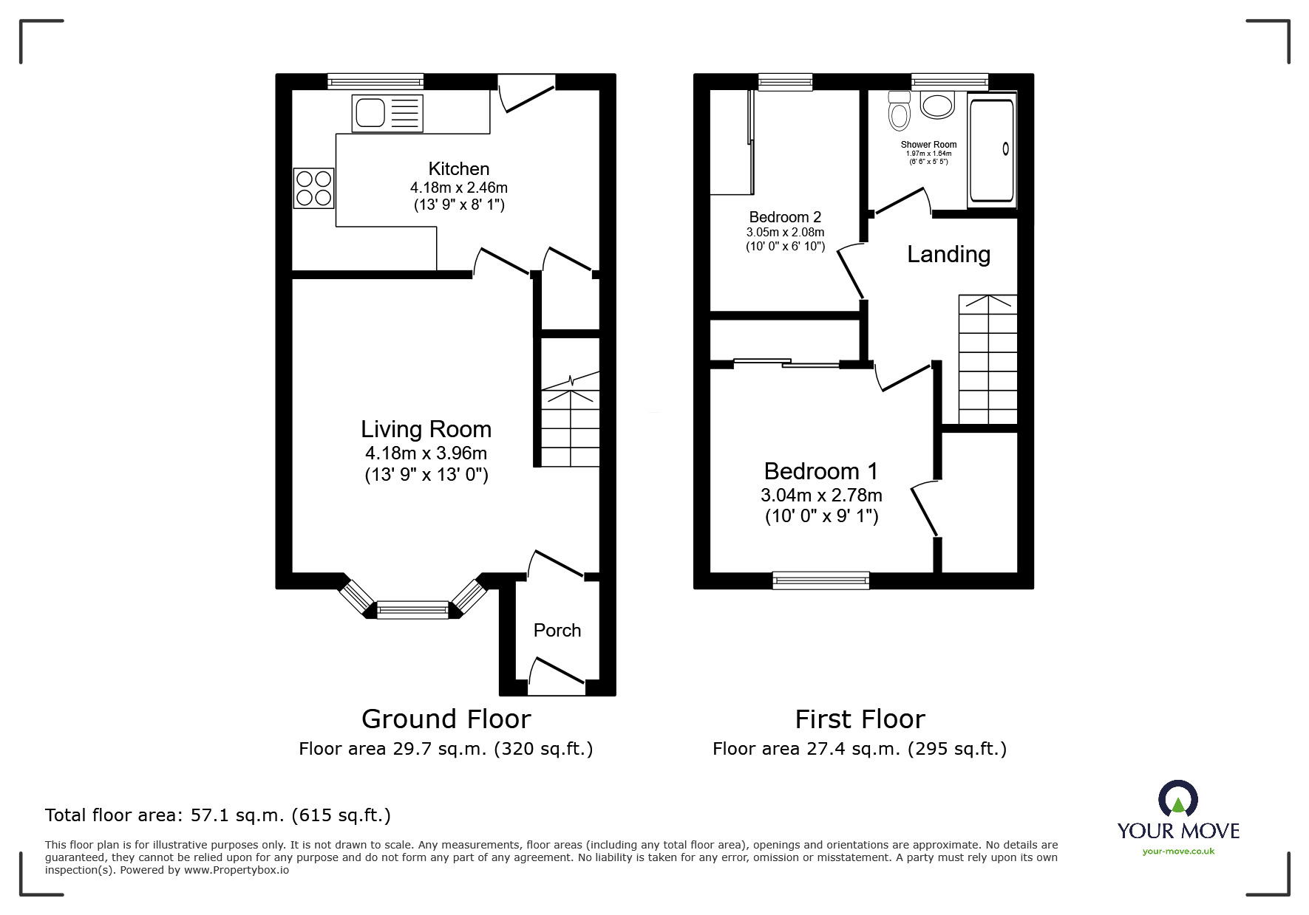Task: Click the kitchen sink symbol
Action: pos(387,113)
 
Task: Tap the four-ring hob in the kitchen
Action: pos(314,188)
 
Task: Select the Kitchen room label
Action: pos(459,168)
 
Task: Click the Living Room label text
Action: pos(426,429)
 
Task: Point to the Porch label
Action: pos(557,630)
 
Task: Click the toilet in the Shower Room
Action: pos(899,112)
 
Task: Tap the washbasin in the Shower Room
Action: pos(938,105)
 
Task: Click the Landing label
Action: pos(948,254)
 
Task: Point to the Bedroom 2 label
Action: pos(785,217)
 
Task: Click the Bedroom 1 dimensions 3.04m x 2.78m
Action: pos(821,495)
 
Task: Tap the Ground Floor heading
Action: pos(446,719)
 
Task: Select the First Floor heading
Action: pos(860,719)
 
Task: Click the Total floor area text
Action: pos(218,815)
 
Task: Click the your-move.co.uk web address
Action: pos(1178,851)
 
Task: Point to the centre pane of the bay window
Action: pos(412,610)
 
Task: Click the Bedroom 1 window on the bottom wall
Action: pos(820,580)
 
